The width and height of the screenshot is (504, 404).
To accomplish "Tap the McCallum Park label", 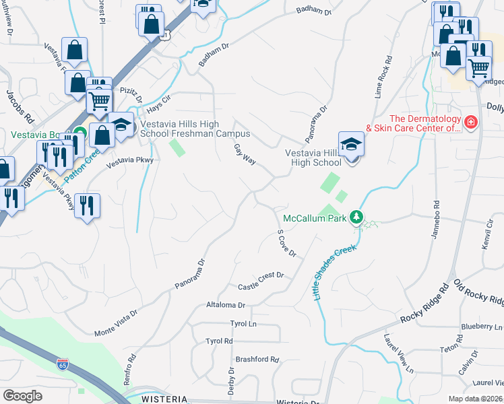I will point(314,218).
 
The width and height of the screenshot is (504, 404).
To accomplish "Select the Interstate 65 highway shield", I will point(63,364).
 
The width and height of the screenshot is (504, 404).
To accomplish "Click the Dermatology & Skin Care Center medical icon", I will point(470,123).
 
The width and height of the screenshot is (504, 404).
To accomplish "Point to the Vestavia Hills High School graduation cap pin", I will point(351,146).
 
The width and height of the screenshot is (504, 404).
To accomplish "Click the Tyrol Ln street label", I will point(244,324).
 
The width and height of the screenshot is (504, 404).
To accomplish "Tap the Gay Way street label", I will point(245,154).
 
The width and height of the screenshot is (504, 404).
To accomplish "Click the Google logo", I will point(22,396).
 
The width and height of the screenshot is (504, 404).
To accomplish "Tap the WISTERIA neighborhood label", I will point(164,399).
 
